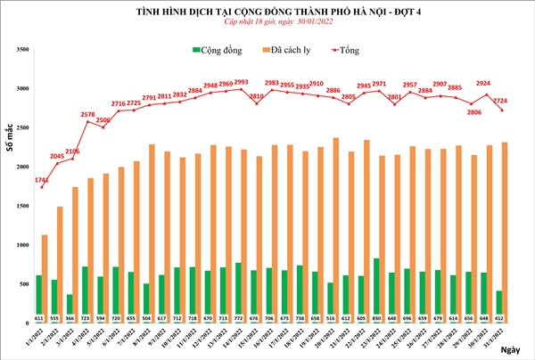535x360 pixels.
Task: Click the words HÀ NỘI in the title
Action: (x=350, y=11)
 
